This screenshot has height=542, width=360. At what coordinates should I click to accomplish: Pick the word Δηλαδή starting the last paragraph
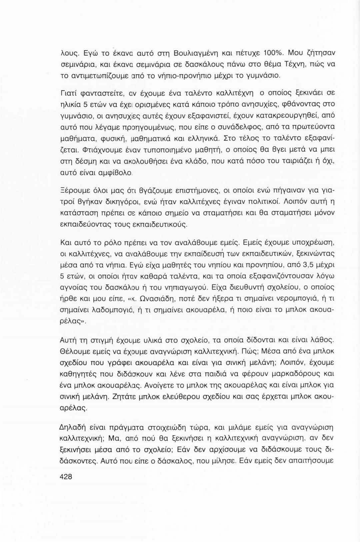click(72, 427)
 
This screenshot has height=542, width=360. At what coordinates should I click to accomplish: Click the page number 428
click(66, 477)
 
